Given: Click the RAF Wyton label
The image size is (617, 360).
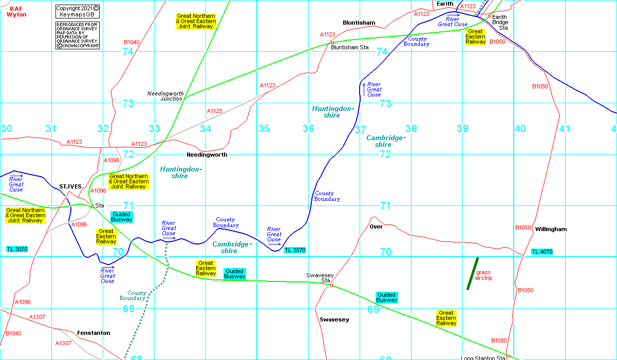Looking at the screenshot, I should pos(16,11).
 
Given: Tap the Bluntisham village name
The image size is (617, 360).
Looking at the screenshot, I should pos(359,23).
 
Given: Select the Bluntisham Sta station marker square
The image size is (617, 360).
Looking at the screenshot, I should pos(332,43).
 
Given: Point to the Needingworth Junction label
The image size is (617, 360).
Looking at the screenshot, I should pos(165,96).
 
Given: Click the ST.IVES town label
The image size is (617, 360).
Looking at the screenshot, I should pos(70,186).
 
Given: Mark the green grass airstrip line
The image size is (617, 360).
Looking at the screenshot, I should pos(473,274).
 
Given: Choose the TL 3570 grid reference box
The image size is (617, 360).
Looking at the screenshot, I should pos(295,250).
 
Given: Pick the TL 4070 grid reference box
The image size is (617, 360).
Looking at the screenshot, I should pos(542,252).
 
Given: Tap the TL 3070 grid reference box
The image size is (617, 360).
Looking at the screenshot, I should pos(17,249).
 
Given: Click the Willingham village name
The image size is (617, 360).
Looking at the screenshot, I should pos(550,229).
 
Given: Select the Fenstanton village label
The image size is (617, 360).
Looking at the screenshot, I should pos(94,333).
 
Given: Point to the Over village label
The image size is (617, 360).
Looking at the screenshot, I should pos(376,226).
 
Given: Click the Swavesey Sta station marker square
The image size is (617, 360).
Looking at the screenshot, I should pos(331,285).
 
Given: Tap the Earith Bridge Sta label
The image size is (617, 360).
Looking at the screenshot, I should pos(499,23).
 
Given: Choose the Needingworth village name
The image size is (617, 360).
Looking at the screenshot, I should pos(207,154).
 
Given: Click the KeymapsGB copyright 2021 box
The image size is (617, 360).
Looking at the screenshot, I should pos(77,11).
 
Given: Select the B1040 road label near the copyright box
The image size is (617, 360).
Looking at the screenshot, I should pos(132,42).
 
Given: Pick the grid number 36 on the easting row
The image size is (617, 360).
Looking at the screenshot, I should pos(308,128).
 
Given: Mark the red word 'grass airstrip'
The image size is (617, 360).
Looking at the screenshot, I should pos(483,275).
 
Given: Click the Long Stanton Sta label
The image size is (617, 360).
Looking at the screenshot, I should pos(482,358).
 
